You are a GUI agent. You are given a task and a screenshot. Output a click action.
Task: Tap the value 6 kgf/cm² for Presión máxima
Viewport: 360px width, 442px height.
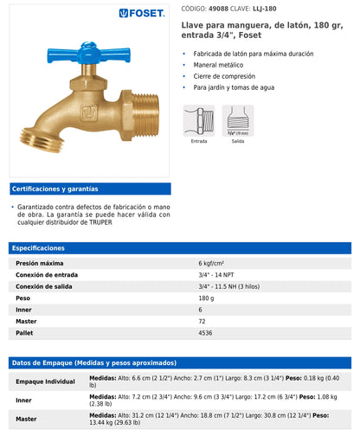click(211, 263)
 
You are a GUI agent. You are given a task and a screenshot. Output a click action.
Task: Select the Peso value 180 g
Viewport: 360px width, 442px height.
click(206, 298)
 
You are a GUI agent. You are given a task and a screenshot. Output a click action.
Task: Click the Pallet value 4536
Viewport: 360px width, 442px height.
click(205, 332)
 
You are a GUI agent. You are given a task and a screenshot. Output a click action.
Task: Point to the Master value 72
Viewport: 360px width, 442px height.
click(202, 321)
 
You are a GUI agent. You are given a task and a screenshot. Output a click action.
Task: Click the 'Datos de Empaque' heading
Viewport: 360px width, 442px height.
click(93, 363)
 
